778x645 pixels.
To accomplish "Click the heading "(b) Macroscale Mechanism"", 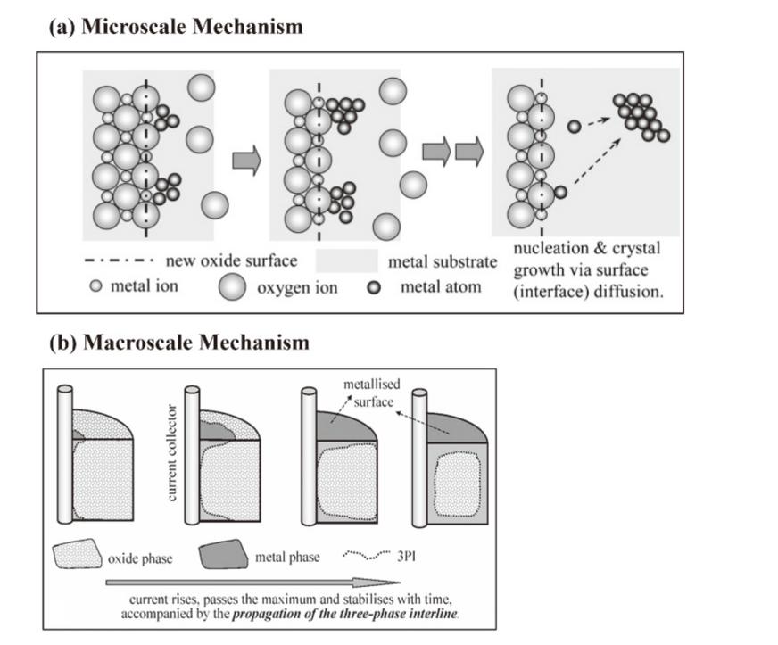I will click(x=178, y=343).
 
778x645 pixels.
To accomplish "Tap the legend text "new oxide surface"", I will click(x=231, y=260).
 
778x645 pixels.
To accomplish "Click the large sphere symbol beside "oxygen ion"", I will click(x=234, y=287).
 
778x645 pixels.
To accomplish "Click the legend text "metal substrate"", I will click(x=442, y=262).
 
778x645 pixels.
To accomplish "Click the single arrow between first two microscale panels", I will click(x=246, y=161).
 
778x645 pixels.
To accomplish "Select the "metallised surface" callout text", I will click(x=369, y=393).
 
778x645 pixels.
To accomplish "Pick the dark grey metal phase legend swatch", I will click(x=220, y=558).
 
